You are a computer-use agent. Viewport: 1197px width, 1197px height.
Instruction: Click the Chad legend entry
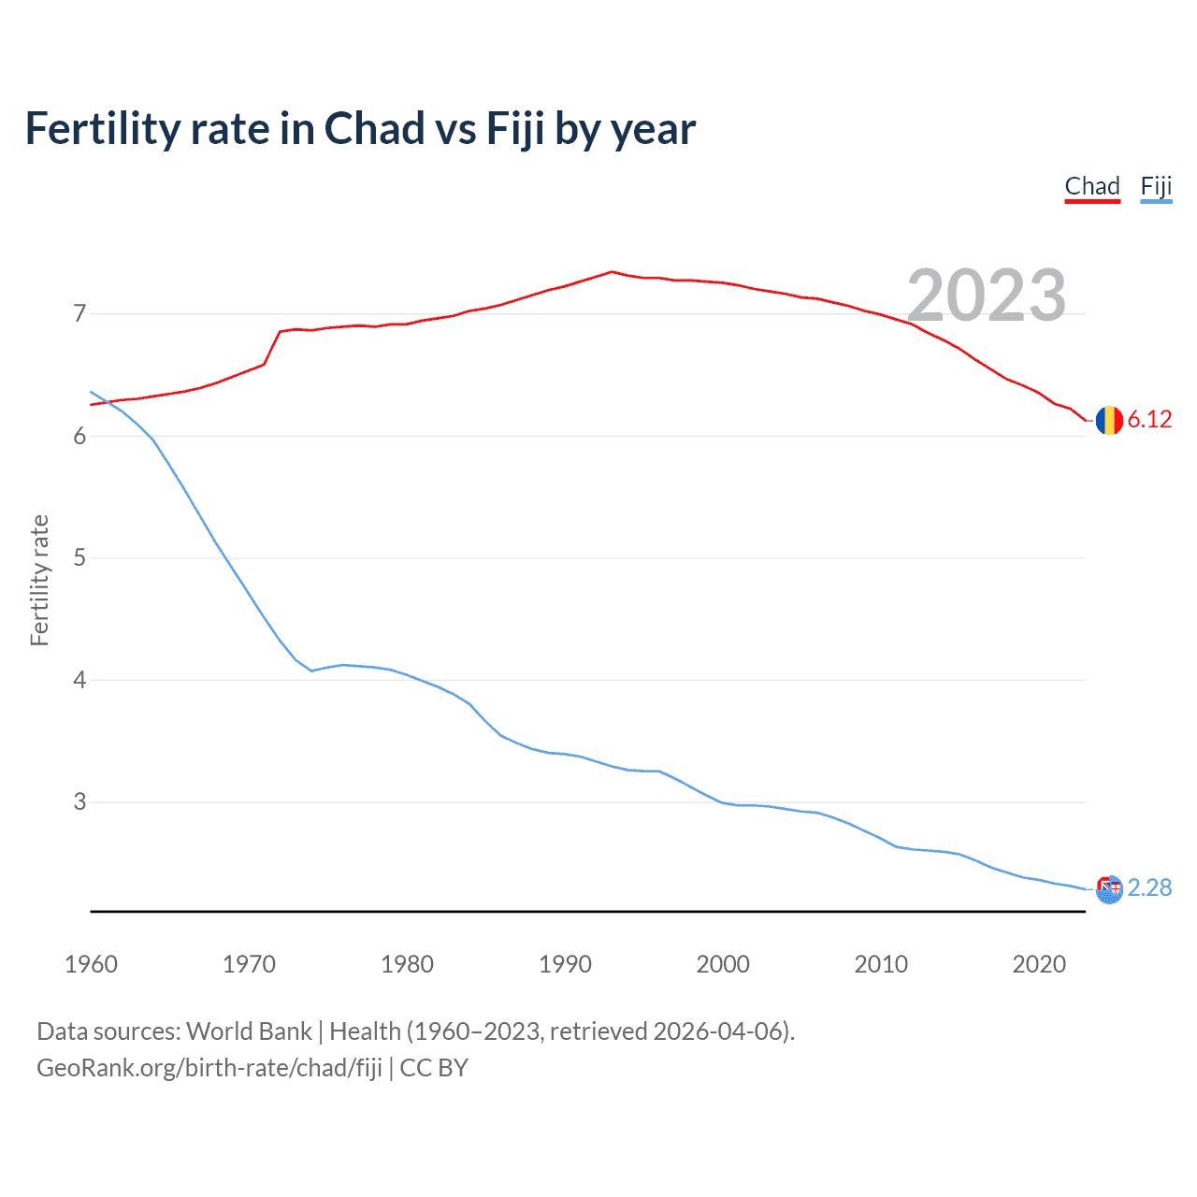pyautogui.click(x=1092, y=186)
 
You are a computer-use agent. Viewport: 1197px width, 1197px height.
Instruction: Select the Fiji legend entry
pyautogui.click(x=1156, y=186)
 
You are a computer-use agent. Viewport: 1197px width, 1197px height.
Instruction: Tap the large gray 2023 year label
pyautogui.click(x=987, y=296)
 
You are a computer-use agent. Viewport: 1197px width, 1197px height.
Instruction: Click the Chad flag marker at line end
pyautogui.click(x=1109, y=421)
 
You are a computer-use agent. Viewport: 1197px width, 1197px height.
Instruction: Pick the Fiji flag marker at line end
pyautogui.click(x=1109, y=889)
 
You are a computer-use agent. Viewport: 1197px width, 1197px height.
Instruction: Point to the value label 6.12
pyautogui.click(x=1149, y=420)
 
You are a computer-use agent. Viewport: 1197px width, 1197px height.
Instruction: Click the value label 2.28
pyautogui.click(x=1149, y=887)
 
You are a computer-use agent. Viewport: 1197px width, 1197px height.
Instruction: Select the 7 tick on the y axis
pyautogui.click(x=79, y=313)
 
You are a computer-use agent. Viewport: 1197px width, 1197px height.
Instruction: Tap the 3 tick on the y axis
pyautogui.click(x=79, y=801)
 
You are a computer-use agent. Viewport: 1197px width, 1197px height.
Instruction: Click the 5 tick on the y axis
pyautogui.click(x=79, y=557)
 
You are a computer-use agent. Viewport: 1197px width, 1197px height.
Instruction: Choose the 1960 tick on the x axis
pyautogui.click(x=91, y=964)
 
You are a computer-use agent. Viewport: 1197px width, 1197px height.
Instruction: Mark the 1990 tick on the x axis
pyautogui.click(x=565, y=964)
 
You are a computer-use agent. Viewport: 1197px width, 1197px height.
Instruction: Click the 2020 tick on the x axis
pyautogui.click(x=1039, y=964)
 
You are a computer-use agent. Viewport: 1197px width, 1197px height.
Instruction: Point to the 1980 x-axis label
pyautogui.click(x=407, y=964)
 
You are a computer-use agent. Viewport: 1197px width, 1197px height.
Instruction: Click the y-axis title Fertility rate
pyautogui.click(x=39, y=580)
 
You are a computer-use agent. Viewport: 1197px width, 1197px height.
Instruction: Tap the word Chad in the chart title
pyautogui.click(x=374, y=129)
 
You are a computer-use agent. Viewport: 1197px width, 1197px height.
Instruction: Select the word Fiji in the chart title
pyautogui.click(x=514, y=129)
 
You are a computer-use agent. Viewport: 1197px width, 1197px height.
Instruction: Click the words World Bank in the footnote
pyautogui.click(x=249, y=1031)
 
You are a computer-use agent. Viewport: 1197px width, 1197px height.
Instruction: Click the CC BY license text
pyautogui.click(x=434, y=1068)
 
